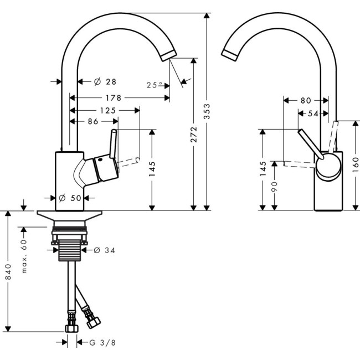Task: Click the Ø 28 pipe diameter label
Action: click(x=105, y=82)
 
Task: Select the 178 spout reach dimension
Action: click(x=114, y=98)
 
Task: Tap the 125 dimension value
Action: click(x=108, y=110)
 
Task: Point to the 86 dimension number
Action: click(x=94, y=121)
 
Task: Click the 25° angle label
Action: click(x=155, y=85)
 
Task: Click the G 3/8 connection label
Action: click(x=103, y=343)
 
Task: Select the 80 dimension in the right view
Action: click(x=306, y=101)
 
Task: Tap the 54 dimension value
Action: click(x=312, y=114)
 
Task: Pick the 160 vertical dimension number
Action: click(x=356, y=165)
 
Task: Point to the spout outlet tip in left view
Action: click(x=167, y=55)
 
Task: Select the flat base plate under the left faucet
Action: click(x=70, y=214)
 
